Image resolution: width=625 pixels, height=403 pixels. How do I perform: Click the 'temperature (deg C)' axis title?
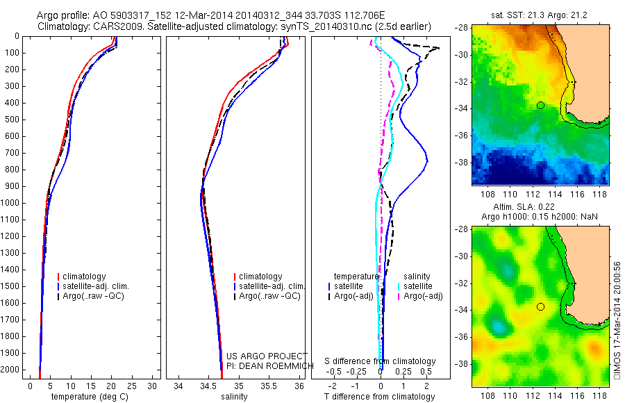[x=87, y=397]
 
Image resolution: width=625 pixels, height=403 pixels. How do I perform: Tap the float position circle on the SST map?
[x=540, y=105]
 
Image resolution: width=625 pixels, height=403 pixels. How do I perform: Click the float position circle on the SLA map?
[x=540, y=306]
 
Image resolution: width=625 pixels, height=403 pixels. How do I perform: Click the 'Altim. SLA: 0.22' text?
[x=540, y=208]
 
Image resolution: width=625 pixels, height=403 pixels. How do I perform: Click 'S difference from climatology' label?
[x=380, y=361]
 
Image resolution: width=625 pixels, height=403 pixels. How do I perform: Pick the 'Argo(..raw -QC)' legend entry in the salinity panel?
[x=270, y=296]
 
